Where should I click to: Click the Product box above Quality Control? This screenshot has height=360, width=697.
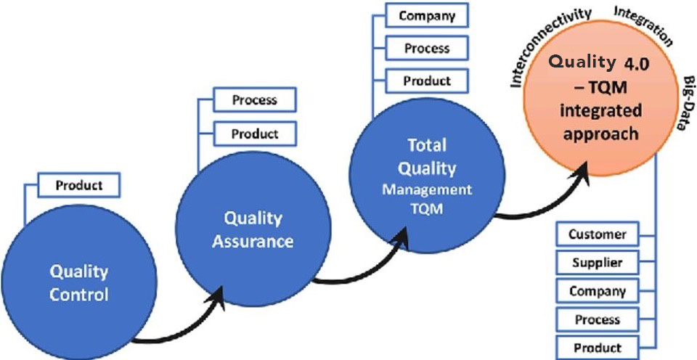point(78,185)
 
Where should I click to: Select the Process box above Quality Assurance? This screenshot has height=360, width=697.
point(254,100)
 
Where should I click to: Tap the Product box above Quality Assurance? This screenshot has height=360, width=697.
point(254,134)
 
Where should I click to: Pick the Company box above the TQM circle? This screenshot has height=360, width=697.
point(426,15)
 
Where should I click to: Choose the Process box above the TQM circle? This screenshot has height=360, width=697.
point(426,48)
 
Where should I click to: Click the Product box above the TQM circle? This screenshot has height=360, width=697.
point(426,81)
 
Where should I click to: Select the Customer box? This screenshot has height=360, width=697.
point(597,234)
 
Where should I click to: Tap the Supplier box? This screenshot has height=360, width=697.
point(597,263)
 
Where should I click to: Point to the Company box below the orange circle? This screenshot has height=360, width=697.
point(597,291)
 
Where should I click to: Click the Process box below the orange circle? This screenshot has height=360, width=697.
point(597,319)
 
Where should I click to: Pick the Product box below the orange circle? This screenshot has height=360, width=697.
point(597,347)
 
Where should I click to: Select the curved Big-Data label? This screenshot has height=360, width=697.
point(685,101)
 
